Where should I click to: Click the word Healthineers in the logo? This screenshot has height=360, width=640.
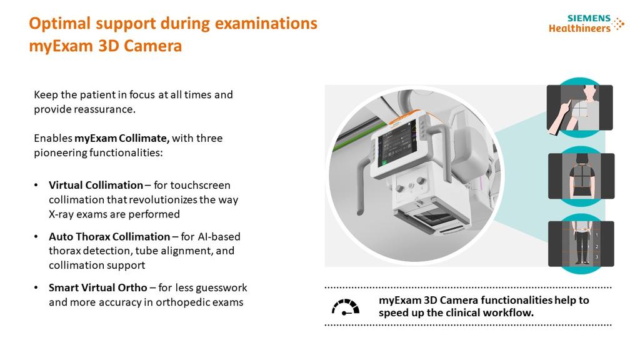579,28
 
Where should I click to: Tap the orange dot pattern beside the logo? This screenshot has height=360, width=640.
618,24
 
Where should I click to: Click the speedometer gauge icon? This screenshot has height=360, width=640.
345,307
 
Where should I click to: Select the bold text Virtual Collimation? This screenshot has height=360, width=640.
96,185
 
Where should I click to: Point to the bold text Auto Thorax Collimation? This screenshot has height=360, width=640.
109,237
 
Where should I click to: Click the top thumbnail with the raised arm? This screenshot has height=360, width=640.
579,107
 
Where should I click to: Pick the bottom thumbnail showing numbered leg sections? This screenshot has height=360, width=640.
581,243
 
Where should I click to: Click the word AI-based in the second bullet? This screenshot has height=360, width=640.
219,237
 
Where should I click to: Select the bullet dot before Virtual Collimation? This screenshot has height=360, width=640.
36,186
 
